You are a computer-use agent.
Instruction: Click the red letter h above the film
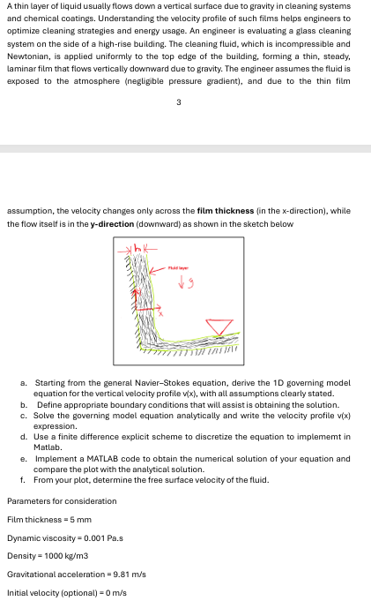point(137,249)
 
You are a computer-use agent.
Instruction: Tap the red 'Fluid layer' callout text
point(178,268)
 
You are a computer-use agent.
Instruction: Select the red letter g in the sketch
point(189,283)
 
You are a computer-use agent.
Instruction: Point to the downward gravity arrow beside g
point(182,283)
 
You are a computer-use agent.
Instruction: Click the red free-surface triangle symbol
point(219,327)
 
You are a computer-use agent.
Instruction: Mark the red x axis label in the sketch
point(160,314)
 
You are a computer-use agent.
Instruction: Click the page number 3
point(178,102)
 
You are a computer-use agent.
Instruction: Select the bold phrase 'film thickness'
point(226,211)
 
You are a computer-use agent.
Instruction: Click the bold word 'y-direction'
point(112,224)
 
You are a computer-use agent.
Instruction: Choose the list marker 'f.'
point(23,480)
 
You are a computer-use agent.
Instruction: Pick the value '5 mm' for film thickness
point(81,520)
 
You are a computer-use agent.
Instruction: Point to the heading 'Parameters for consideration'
point(62,501)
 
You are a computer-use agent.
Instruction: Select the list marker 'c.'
point(24,416)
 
